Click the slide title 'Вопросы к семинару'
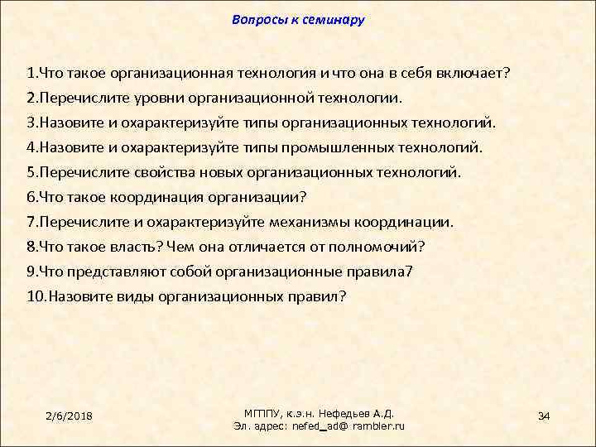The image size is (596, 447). click(x=298, y=19)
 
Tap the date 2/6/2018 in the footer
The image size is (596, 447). click(x=70, y=414)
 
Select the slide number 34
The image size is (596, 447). click(x=544, y=414)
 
